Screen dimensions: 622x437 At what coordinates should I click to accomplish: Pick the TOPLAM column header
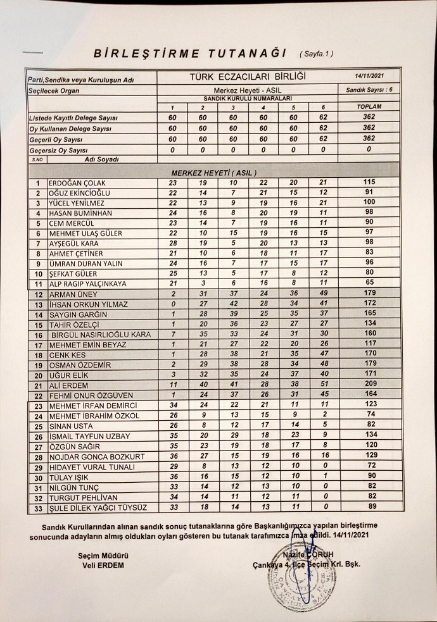click(x=369, y=107)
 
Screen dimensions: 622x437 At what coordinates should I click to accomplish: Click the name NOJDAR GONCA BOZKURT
click(x=92, y=456)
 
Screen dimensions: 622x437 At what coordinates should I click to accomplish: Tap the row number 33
click(x=38, y=507)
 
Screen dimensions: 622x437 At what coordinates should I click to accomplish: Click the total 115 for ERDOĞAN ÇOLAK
click(x=370, y=183)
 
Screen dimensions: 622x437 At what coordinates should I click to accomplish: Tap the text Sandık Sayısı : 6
click(x=369, y=90)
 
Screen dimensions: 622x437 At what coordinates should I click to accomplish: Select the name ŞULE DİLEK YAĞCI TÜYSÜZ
click(x=98, y=507)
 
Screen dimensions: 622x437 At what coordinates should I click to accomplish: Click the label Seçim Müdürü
click(x=94, y=555)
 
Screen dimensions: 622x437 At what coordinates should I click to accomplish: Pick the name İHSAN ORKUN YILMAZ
click(x=87, y=304)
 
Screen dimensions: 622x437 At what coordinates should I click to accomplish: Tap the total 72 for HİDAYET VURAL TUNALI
click(x=370, y=466)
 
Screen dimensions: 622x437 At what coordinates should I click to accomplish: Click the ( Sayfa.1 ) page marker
click(x=316, y=54)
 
